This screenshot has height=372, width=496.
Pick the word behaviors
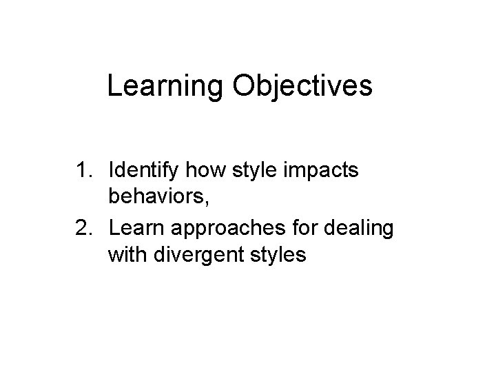click(155, 198)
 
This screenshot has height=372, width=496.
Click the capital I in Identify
click(112, 170)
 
